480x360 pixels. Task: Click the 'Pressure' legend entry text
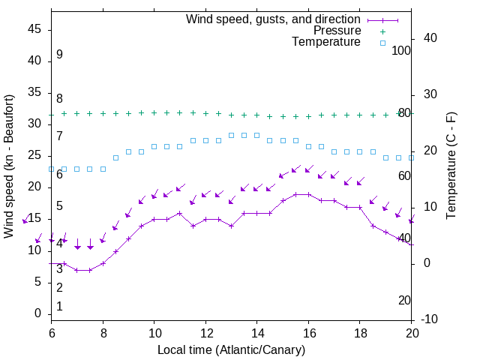click(337, 31)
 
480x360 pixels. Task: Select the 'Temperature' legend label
click(326, 42)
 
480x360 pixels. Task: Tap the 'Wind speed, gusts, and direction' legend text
click(274, 19)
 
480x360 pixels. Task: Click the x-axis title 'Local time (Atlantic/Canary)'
click(232, 349)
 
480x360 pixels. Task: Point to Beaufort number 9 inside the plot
click(59, 55)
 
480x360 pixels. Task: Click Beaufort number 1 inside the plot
click(59, 306)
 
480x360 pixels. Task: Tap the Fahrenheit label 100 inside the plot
click(402, 50)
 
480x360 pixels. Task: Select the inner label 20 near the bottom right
click(404, 300)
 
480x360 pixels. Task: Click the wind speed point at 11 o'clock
click(180, 213)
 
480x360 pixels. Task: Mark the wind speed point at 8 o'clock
click(103, 263)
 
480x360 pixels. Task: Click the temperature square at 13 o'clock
click(231, 136)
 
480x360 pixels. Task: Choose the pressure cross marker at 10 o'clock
click(154, 112)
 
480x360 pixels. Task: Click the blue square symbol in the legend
click(382, 43)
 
